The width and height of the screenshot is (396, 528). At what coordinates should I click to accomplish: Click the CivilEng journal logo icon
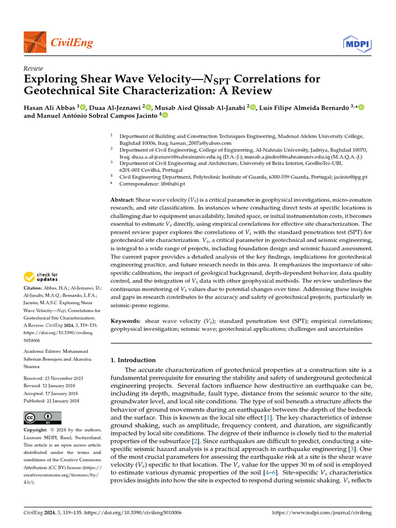click(x=35, y=42)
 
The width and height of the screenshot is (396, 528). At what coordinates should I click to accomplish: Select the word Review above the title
click(x=34, y=68)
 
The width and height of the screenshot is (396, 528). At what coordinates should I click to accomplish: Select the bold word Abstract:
click(x=122, y=199)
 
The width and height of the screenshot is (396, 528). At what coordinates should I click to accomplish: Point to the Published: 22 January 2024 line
click(x=52, y=400)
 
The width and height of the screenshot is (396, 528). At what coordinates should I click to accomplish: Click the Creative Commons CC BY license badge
click(x=42, y=418)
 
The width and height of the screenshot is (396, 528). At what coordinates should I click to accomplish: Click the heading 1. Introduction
click(x=133, y=360)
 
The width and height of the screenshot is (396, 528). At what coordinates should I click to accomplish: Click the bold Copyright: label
click(x=39, y=430)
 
